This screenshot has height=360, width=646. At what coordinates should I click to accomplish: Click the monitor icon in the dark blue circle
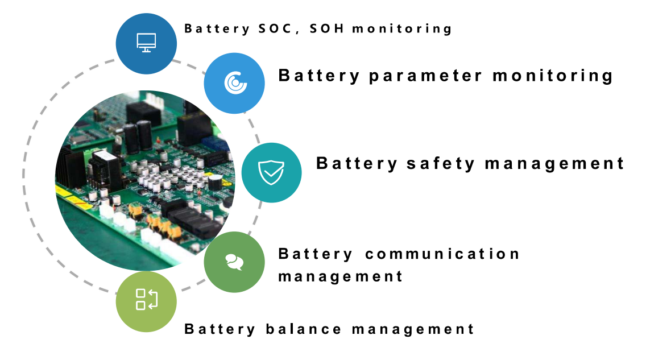(146, 43)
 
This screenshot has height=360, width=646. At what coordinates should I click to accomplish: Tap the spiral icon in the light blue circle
(235, 83)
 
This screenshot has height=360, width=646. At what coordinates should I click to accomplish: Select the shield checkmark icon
(271, 172)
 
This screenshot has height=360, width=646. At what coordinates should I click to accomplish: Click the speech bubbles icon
(234, 262)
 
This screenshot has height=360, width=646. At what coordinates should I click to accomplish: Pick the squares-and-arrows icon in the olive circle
(147, 300)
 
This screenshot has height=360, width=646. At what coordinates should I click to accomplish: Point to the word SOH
(327, 28)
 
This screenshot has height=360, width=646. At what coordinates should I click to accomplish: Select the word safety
(441, 164)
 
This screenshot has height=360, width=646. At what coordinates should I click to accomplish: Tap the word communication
(442, 254)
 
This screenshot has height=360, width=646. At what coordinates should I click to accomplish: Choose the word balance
(304, 329)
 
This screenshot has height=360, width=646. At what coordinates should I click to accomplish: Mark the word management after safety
(554, 164)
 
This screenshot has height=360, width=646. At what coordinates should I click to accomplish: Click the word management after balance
(413, 329)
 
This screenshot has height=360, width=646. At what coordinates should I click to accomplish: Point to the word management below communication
(340, 277)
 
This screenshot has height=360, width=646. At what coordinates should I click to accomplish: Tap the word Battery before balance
(220, 329)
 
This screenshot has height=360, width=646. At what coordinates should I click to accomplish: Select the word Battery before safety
(357, 164)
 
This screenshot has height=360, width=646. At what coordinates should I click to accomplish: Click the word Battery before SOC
(217, 29)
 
